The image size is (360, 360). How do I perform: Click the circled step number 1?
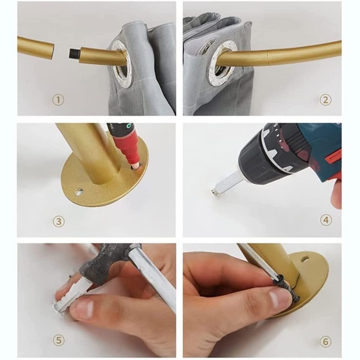click(58, 100)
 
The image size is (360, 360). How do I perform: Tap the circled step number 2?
click(325, 100)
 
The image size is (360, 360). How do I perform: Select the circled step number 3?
click(59, 221)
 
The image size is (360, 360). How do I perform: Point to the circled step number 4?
click(326, 220)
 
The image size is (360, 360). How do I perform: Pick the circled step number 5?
click(59, 340)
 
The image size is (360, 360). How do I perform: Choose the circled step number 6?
click(326, 342)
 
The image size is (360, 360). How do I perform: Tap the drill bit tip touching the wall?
click(213, 192)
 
